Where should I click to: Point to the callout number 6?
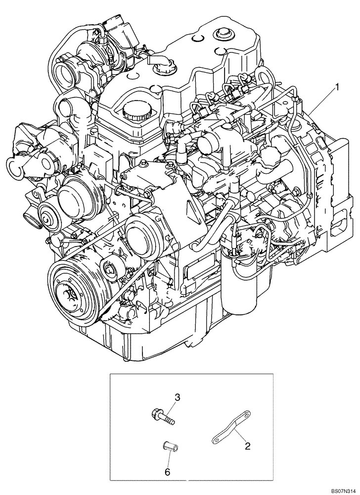[x=167, y=473]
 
